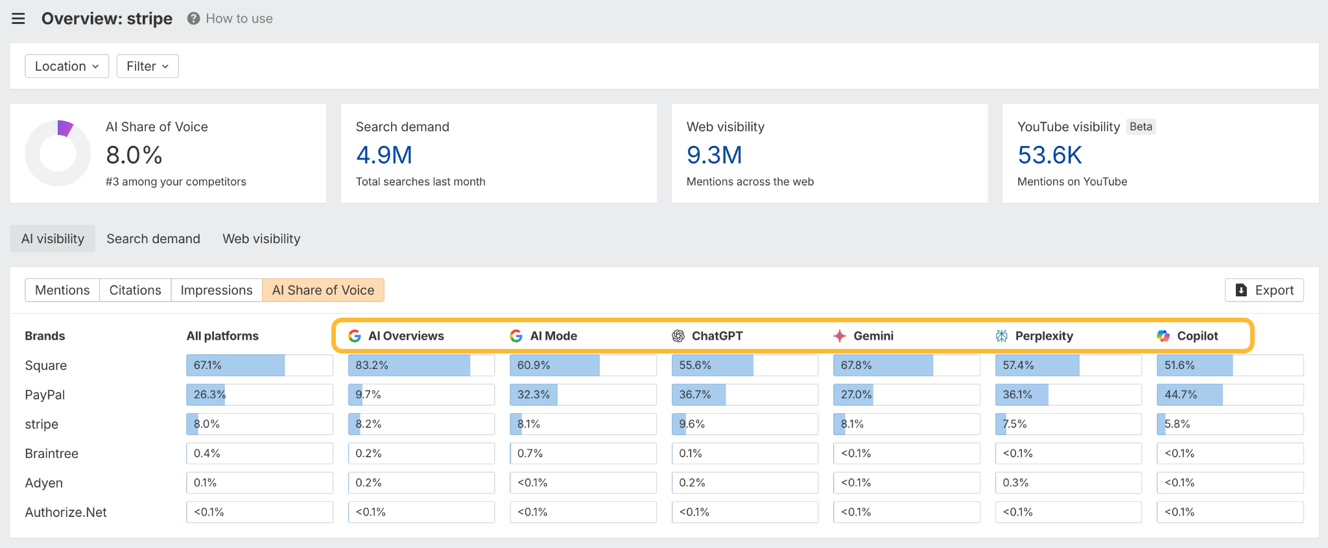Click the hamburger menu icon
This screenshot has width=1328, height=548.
tap(18, 19)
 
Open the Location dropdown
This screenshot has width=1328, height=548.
tap(67, 66)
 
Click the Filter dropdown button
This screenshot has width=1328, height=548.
tap(147, 66)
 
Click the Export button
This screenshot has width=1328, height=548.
tap(1264, 290)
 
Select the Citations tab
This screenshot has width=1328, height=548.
tap(135, 290)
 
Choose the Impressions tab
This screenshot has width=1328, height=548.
tap(216, 290)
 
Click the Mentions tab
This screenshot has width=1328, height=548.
tap(62, 290)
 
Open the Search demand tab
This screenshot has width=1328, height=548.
tap(153, 239)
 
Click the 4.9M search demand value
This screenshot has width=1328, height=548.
tap(384, 155)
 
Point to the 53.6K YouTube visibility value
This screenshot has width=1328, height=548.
tap(1049, 155)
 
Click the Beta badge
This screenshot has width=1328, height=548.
tap(1141, 126)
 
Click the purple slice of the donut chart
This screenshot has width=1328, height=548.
tap(64, 128)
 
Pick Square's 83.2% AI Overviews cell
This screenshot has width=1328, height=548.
tap(421, 365)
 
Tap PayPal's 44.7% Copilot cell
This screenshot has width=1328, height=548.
tap(1229, 394)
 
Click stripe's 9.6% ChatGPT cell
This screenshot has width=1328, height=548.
tap(744, 424)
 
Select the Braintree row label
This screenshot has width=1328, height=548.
tap(52, 453)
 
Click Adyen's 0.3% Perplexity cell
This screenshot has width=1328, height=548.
tap(1067, 482)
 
